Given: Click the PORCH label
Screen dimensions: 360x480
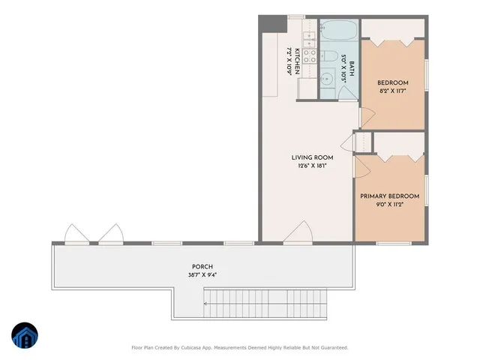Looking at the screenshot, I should (202, 267).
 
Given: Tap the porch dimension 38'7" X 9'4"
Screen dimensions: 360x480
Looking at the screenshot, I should (202, 275).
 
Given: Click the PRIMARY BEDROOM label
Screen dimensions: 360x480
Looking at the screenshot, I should (389, 196).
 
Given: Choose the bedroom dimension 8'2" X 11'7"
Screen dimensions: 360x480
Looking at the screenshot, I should (392, 91).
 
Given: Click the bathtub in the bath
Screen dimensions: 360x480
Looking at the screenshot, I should (339, 31).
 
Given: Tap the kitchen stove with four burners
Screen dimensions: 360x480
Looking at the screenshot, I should (307, 56).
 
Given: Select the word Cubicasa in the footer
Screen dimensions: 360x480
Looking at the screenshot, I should (225, 347).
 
